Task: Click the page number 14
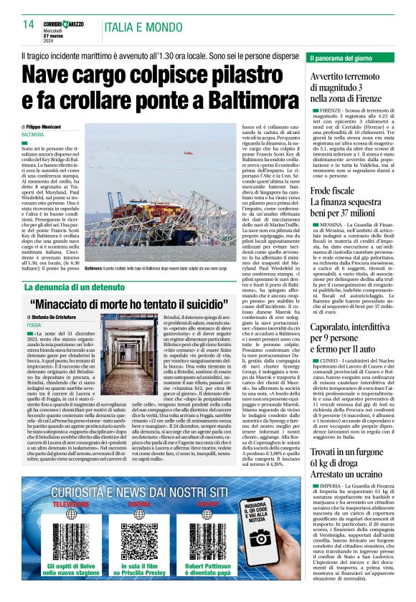click(28, 24)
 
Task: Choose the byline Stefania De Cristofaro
click(56, 316)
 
